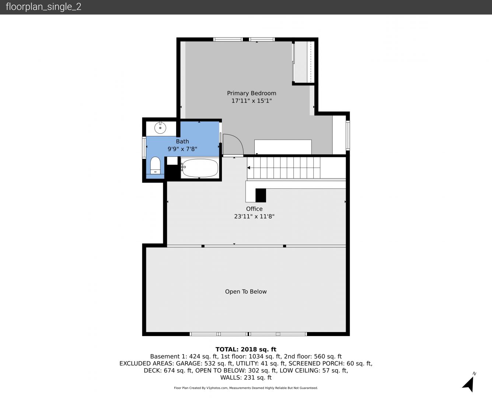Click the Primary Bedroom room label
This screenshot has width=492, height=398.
coord(252,93)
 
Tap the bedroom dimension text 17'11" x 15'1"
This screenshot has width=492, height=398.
coord(252,101)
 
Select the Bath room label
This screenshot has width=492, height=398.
coord(182,142)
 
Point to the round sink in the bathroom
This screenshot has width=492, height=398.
coord(160,128)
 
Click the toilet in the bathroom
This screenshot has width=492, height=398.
coord(155,165)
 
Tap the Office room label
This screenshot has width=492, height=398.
coord(254,209)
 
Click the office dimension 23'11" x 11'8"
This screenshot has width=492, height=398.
coord(254,216)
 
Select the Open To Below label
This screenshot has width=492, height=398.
coord(246,291)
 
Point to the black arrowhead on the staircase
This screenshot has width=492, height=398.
coord(248,168)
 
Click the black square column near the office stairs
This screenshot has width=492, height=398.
coord(261,195)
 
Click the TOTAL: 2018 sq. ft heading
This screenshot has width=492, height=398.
coord(246,349)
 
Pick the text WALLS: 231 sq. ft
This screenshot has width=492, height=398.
coord(246,377)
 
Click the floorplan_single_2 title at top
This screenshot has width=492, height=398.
coord(43,7)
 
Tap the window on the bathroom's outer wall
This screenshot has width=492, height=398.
coord(144,148)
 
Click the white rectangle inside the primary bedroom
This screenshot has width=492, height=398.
coord(283,147)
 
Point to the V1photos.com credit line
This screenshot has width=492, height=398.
coord(246,388)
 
